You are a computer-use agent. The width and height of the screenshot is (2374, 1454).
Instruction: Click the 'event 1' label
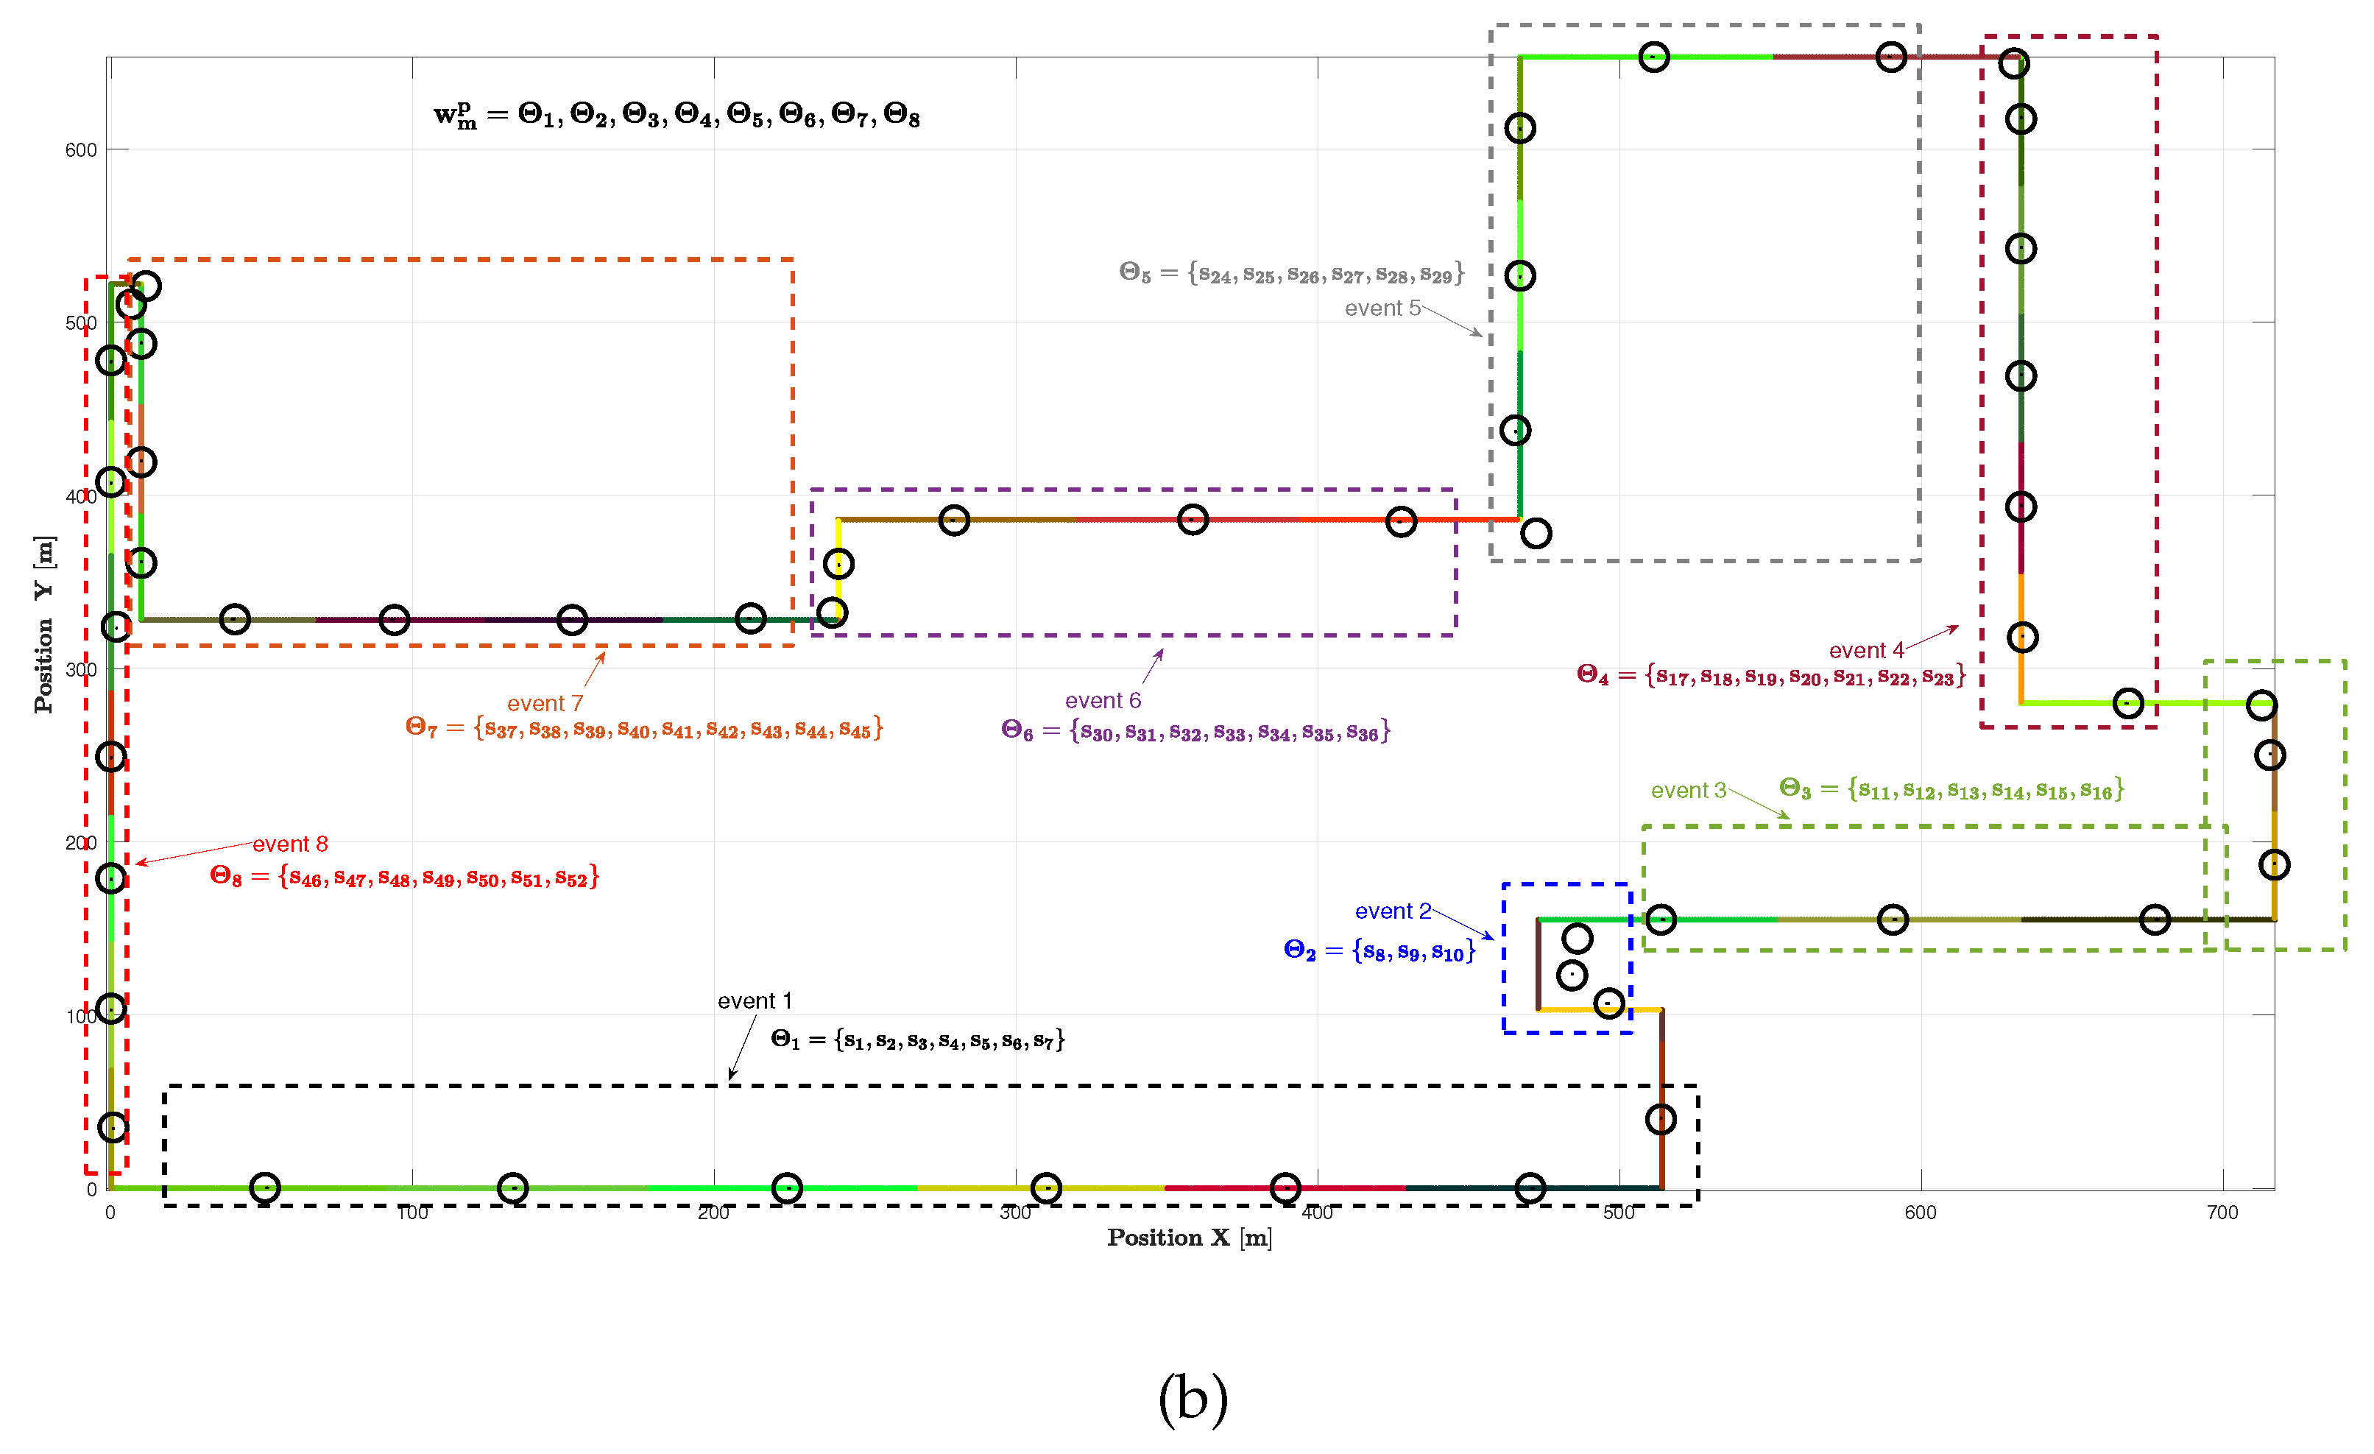click(x=755, y=1001)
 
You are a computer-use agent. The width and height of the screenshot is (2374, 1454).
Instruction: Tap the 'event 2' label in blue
click(x=1392, y=911)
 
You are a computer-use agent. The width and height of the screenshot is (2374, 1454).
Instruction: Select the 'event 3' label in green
click(x=1688, y=791)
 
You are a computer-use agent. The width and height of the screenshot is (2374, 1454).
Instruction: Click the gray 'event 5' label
click(x=1382, y=308)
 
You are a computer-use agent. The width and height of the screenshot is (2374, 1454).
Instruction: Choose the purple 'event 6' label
click(x=1102, y=701)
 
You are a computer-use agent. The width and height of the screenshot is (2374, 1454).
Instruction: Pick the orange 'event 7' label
click(x=544, y=703)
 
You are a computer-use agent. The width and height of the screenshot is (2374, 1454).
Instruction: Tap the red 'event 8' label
click(x=290, y=844)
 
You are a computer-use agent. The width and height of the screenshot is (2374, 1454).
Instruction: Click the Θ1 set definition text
click(x=917, y=1040)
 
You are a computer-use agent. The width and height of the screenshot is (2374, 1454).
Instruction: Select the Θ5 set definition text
click(x=1291, y=274)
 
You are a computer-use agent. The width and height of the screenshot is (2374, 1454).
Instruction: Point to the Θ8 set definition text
click(x=405, y=877)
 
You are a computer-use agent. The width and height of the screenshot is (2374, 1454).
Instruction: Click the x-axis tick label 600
click(x=1921, y=1212)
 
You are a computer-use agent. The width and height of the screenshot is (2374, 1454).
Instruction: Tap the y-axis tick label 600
click(x=81, y=150)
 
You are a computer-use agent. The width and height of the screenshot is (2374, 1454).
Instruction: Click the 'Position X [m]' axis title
click(x=1189, y=1238)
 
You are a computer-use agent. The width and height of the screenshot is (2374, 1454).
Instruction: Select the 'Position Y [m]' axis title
click(x=44, y=624)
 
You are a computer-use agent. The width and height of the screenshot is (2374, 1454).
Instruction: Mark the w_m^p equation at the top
click(x=676, y=116)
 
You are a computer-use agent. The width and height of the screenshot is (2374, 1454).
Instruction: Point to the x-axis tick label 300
click(x=1016, y=1212)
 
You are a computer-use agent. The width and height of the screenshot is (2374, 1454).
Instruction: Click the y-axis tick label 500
click(x=81, y=322)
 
